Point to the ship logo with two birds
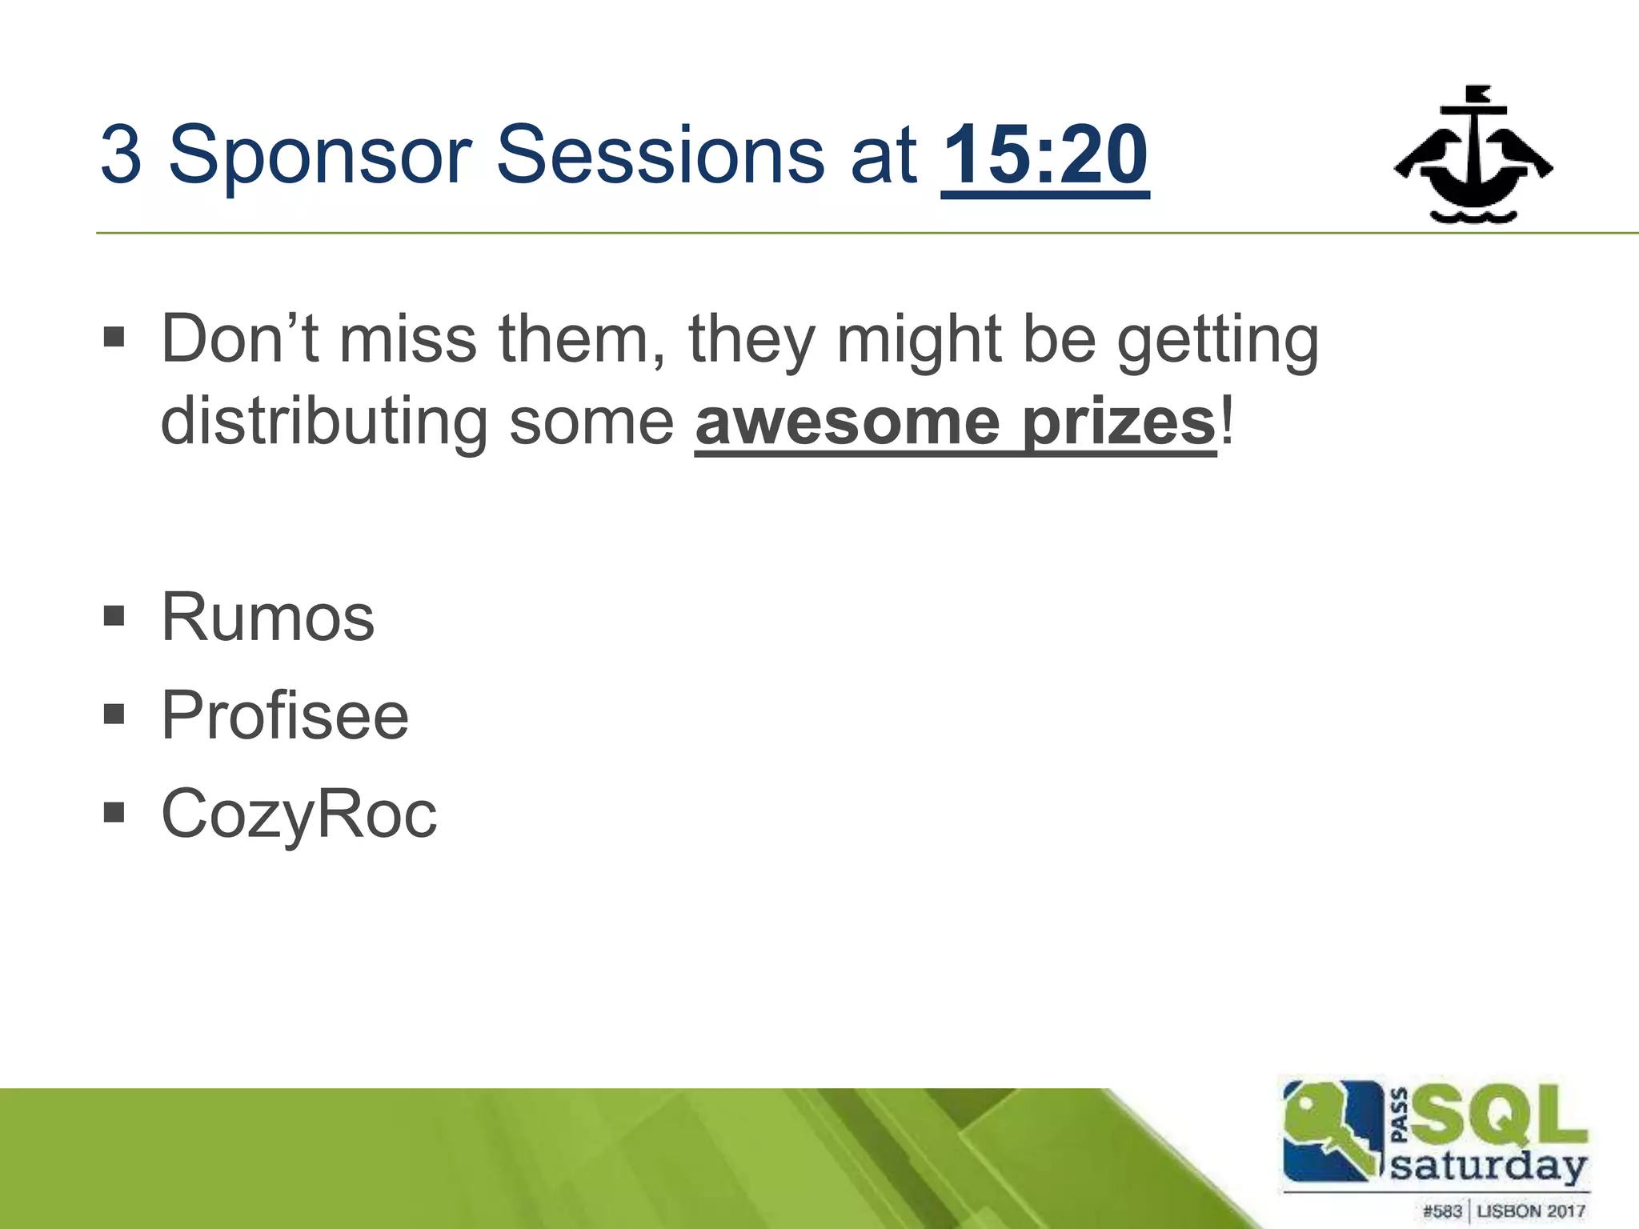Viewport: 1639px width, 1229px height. coord(1473,154)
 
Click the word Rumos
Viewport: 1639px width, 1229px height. coord(268,617)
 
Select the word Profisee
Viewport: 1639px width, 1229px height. coord(285,715)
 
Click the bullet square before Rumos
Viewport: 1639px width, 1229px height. coord(114,616)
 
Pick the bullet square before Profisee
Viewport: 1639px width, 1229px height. coord(114,714)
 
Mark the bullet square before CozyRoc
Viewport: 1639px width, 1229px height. coord(114,813)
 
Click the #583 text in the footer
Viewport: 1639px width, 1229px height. coord(1442,1211)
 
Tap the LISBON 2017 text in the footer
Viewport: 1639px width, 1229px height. coord(1530,1211)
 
